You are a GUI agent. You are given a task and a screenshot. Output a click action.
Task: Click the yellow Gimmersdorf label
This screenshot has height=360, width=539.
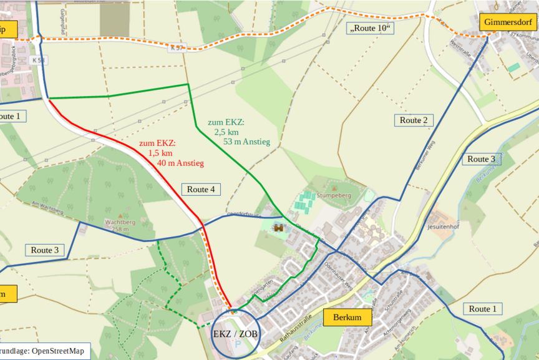click(x=508, y=22)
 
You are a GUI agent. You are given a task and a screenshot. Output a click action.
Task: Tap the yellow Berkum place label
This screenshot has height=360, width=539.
click(x=347, y=317)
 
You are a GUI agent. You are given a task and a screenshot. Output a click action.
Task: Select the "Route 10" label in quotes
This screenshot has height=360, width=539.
click(x=371, y=29)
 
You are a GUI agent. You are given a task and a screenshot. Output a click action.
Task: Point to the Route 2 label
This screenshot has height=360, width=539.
click(x=413, y=120)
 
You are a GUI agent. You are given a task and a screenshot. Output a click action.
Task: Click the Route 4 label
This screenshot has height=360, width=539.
click(x=201, y=189)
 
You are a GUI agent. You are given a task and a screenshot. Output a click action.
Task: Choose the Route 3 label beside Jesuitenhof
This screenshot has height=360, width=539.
click(x=482, y=159)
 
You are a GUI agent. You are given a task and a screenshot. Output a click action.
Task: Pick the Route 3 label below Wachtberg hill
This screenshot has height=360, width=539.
click(x=45, y=250)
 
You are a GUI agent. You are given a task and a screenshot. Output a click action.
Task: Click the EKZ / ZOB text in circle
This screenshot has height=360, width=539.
click(x=235, y=334)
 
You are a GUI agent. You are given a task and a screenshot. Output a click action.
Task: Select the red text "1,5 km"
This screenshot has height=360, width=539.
click(x=160, y=153)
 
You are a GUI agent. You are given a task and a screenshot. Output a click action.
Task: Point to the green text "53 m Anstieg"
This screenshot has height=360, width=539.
click(x=246, y=142)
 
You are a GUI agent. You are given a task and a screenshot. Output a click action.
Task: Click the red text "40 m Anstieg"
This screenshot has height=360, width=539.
click(x=180, y=163)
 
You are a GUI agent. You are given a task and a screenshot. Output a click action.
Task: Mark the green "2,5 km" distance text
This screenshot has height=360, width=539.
click(x=226, y=132)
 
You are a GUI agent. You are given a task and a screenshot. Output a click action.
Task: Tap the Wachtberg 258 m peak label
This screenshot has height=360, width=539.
click(x=120, y=225)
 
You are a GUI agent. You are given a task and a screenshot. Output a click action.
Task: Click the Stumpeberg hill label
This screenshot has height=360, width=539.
click(x=334, y=195)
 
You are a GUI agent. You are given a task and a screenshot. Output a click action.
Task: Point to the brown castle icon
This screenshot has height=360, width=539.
click(x=278, y=228)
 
